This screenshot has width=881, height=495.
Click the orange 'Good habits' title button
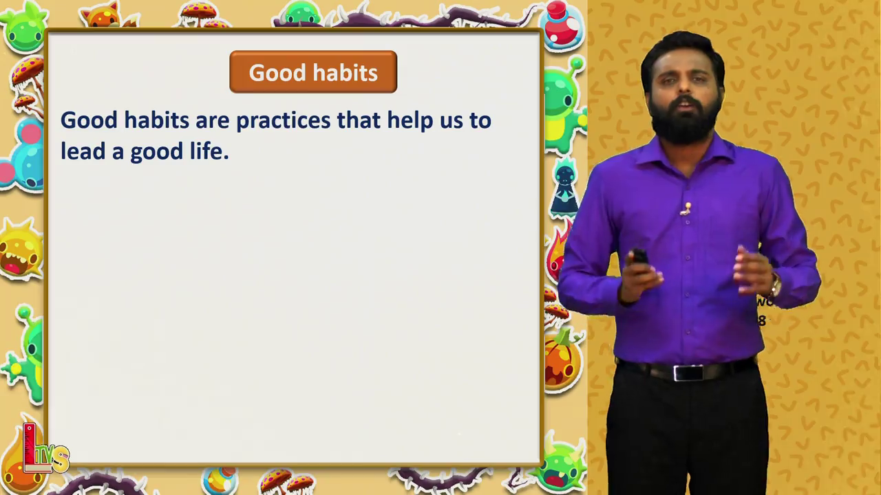(x=313, y=72)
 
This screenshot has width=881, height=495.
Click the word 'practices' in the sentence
(x=283, y=121)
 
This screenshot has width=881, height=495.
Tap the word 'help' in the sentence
(x=410, y=120)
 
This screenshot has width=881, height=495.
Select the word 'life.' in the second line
(x=209, y=151)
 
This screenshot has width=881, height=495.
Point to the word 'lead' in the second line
(x=83, y=151)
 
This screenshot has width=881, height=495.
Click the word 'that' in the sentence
(x=359, y=120)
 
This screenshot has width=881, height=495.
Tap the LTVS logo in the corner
(x=45, y=449)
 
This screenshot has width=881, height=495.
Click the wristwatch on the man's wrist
(x=775, y=285)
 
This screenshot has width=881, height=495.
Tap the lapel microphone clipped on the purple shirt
(x=686, y=209)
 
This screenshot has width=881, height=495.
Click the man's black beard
(x=685, y=119)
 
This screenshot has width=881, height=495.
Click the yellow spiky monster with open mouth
(x=21, y=250)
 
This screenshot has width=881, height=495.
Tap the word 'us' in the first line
(x=451, y=122)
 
